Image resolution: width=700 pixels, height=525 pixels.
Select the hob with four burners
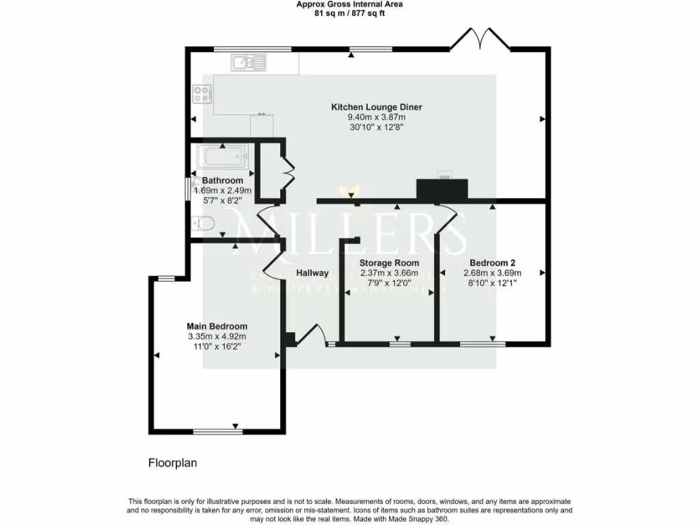coord(202,94)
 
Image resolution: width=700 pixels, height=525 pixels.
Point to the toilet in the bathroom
coord(203,223)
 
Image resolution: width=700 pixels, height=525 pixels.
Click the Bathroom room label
coord(223,180)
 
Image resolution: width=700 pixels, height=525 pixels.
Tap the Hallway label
coord(312,273)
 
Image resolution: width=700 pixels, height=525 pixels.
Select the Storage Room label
coord(390,262)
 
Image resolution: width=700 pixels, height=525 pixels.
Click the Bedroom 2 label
coord(492,262)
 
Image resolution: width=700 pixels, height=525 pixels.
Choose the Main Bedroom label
coord(217,326)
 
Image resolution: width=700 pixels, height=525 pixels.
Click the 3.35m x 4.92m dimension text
coord(217,336)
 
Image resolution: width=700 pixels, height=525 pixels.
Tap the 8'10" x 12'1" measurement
coord(492,283)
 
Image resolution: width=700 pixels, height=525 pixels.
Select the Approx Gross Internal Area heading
coord(349,4)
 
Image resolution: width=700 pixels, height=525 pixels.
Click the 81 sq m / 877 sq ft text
coord(349,13)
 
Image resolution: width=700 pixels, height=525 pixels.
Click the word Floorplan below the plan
coord(173,463)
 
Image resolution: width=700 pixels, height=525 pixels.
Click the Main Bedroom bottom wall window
coord(218,431)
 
